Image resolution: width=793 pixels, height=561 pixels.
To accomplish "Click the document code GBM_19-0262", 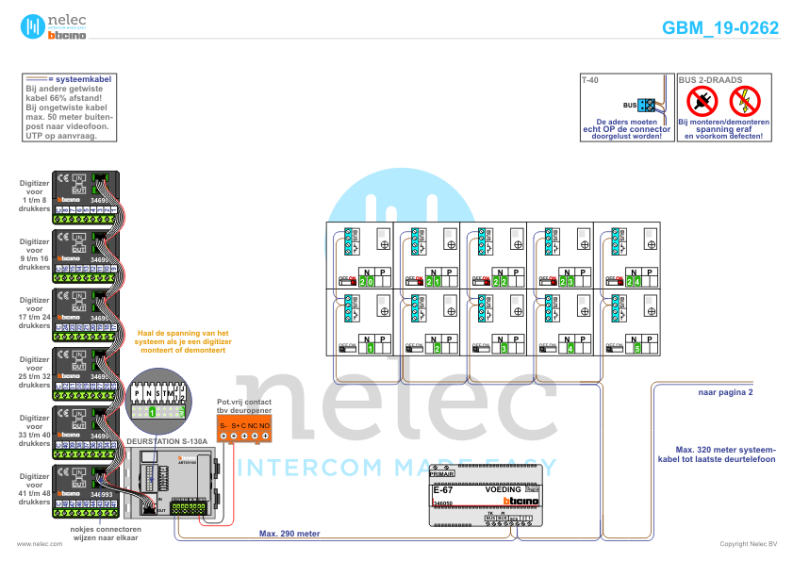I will (x=720, y=28).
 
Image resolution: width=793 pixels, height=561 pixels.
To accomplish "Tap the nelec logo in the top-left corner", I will (x=54, y=26).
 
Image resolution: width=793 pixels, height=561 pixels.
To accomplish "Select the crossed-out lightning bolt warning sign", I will (x=746, y=100).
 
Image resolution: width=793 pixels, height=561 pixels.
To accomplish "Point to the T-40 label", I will (x=589, y=81).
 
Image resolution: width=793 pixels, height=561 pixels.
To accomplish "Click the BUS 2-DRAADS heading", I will (x=711, y=81).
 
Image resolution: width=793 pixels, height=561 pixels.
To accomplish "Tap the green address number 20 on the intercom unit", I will (x=367, y=282).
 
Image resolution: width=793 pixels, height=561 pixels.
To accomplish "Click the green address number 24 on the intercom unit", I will (x=635, y=282).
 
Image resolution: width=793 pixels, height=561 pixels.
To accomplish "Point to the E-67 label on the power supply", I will (x=442, y=490).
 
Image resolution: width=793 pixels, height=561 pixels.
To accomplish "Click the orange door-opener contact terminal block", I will (x=244, y=431).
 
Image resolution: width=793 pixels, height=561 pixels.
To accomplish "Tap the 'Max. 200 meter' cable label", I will (x=289, y=533).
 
